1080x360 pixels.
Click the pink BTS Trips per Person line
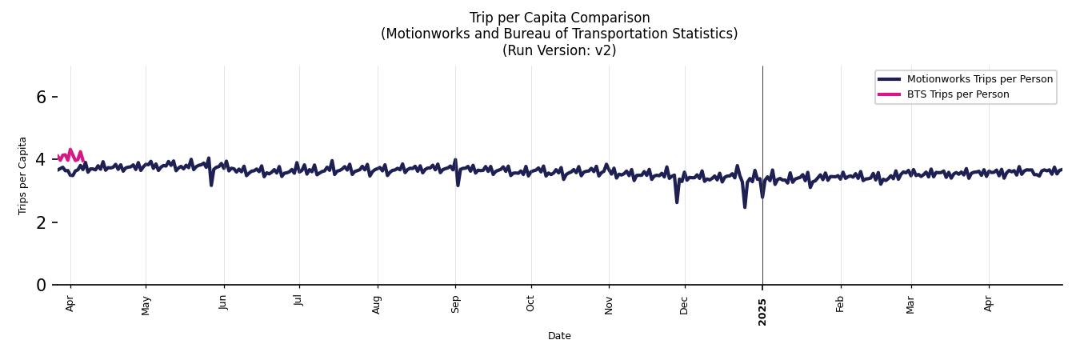[x=70, y=152]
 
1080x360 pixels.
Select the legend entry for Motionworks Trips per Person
[x=979, y=79]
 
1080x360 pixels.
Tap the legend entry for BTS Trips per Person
[x=958, y=94]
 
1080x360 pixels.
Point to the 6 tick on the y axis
[x=42, y=97]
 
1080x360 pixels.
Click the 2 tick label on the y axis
[x=42, y=222]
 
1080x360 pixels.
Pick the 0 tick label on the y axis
[x=42, y=285]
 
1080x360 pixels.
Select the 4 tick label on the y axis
[x=42, y=159]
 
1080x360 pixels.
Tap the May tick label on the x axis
[x=146, y=305]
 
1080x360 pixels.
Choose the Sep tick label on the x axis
[x=455, y=304]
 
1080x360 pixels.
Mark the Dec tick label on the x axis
[x=684, y=304]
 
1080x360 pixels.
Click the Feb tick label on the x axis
[x=840, y=304]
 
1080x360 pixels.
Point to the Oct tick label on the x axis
[x=530, y=304]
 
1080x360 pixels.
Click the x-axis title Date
[x=559, y=336]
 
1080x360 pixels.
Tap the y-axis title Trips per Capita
[x=23, y=175]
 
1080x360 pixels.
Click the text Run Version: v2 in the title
[x=559, y=50]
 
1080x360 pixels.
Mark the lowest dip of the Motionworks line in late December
[x=745, y=207]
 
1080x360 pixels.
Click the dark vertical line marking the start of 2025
[x=762, y=120]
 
